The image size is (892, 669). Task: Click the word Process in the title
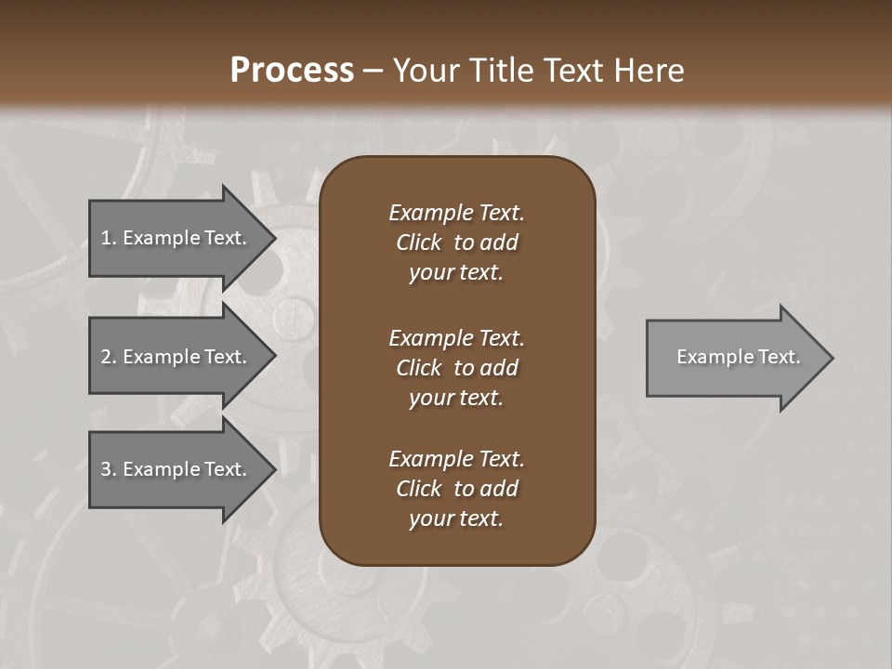pyautogui.click(x=292, y=71)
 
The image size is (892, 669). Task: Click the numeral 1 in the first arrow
pyautogui.click(x=106, y=238)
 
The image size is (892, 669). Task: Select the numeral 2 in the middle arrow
pyautogui.click(x=106, y=357)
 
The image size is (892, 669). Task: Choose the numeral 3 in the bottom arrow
pyautogui.click(x=106, y=469)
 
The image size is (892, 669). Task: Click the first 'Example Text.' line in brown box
pyautogui.click(x=456, y=213)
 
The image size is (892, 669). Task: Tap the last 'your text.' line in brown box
pyautogui.click(x=456, y=518)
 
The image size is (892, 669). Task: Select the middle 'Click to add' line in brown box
pyautogui.click(x=456, y=368)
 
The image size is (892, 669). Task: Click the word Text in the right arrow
pyautogui.click(x=779, y=357)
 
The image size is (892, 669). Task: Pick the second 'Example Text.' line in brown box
pyautogui.click(x=456, y=338)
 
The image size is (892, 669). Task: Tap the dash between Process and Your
pyautogui.click(x=374, y=71)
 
